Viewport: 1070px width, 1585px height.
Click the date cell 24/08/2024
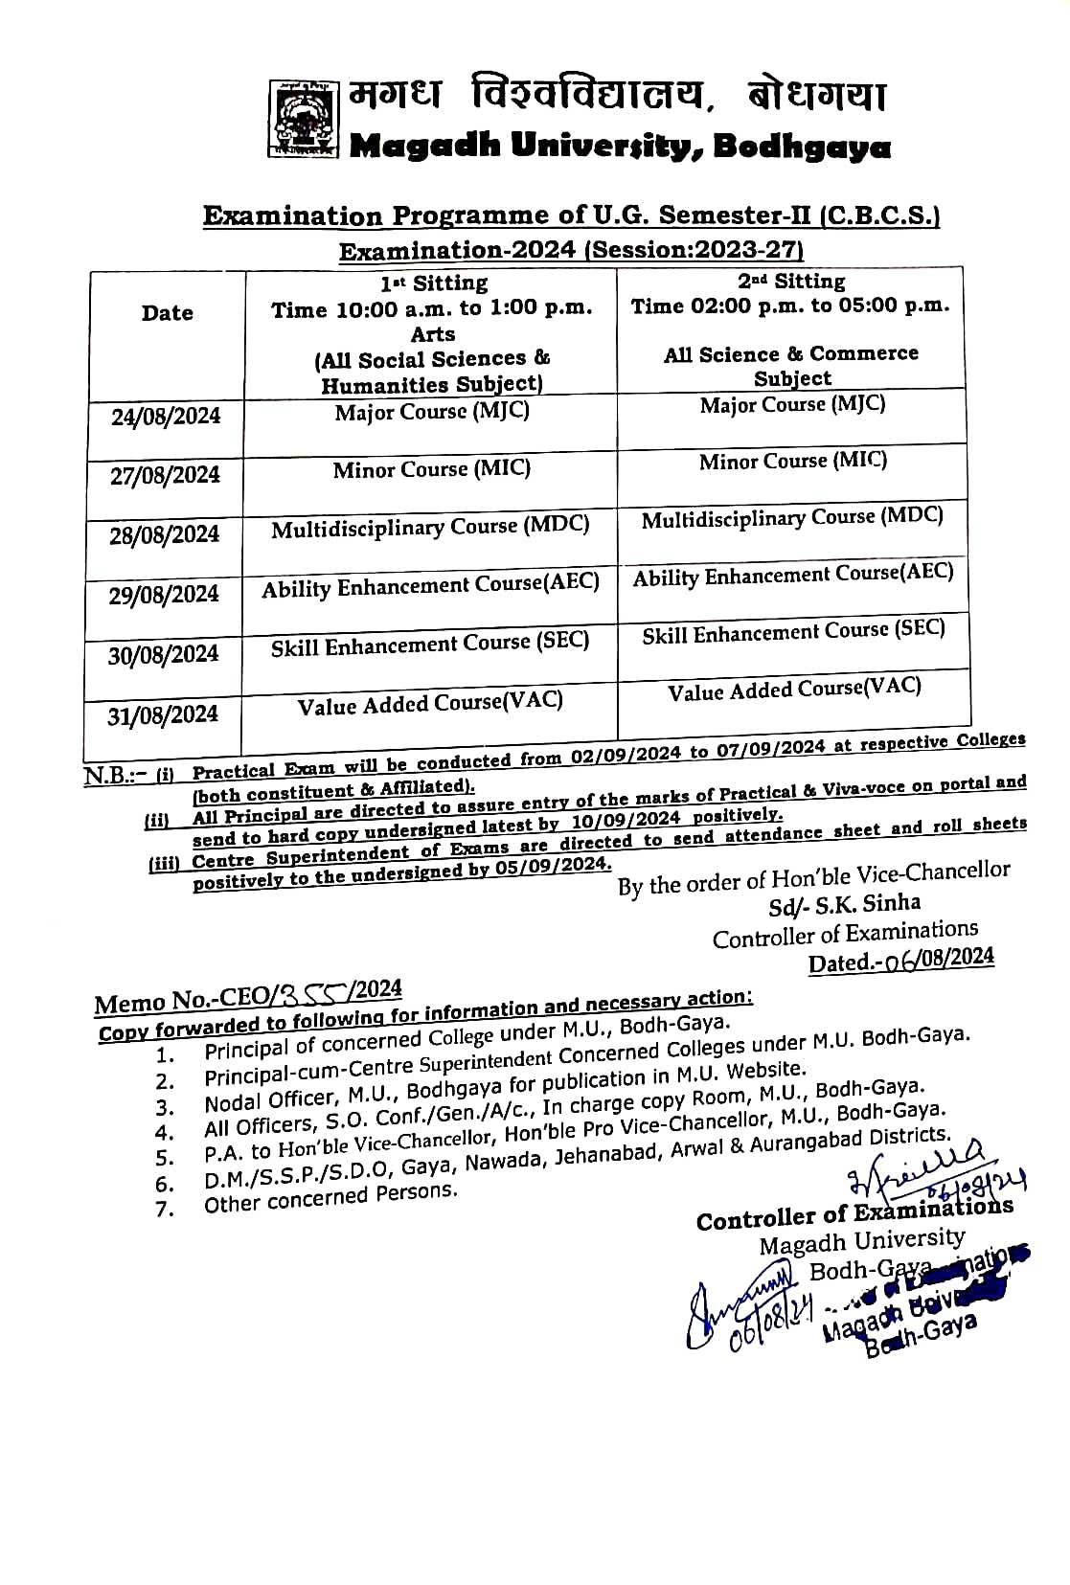pos(166,417)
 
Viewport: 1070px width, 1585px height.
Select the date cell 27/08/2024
pos(165,475)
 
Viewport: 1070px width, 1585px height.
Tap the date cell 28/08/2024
pos(164,534)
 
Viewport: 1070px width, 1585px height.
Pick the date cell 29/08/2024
pos(164,595)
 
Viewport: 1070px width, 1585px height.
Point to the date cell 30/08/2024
pos(163,655)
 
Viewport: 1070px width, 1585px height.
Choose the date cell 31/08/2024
pos(163,715)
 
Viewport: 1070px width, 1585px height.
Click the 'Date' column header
pos(168,313)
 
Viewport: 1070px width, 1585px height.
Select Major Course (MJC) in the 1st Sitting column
pos(432,412)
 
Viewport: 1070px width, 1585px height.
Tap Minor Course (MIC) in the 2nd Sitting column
pos(793,461)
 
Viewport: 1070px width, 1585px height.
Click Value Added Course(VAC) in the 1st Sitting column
pos(430,704)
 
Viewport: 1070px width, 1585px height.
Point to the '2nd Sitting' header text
pos(791,282)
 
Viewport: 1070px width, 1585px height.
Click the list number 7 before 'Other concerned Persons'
pos(165,1210)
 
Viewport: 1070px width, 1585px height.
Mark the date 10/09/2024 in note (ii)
pos(626,821)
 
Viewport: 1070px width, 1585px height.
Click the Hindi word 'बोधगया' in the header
pos(817,96)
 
